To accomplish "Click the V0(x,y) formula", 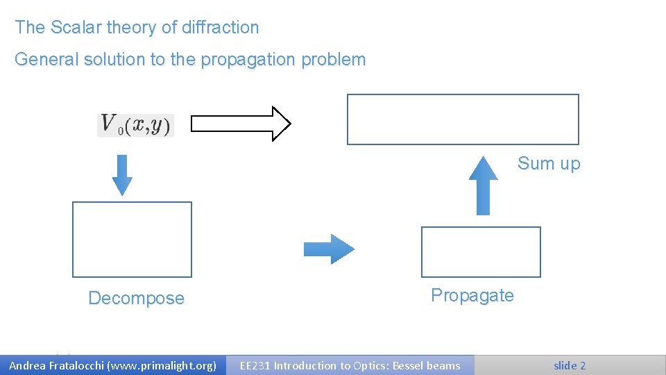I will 135,125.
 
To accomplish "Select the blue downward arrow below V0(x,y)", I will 122,175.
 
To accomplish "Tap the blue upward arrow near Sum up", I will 484,185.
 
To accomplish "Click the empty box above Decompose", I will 132,240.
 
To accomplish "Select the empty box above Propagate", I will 481,251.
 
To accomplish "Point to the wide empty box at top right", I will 463,119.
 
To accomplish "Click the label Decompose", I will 136,299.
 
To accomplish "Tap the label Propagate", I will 472,295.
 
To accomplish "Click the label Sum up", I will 548,164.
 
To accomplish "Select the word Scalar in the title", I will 74,28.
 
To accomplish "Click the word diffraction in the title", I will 219,28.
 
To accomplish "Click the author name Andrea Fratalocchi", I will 55,365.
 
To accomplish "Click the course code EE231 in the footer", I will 255,365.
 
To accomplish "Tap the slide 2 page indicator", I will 569,365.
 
